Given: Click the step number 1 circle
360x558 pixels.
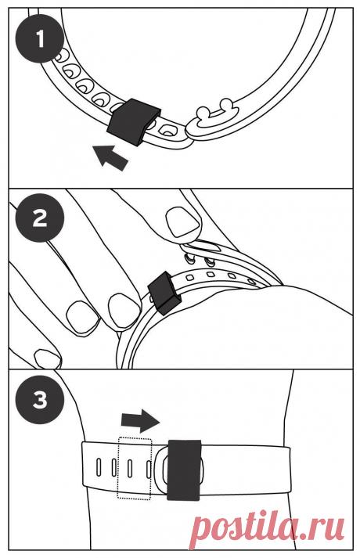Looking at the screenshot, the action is [40, 39].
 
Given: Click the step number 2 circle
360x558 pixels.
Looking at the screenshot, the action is [40, 218].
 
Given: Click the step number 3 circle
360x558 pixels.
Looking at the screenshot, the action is [40, 399].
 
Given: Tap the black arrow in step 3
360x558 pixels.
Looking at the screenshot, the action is [140, 420].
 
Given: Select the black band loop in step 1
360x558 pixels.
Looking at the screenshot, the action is [133, 122].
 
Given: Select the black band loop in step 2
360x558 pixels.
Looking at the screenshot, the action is [164, 293].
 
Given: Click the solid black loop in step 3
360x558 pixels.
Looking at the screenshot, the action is [184, 470].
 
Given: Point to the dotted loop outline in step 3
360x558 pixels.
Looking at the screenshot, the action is [135, 468].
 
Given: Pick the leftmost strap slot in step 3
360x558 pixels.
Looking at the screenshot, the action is [99, 467].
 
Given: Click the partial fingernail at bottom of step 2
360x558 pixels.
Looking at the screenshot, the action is [47, 358].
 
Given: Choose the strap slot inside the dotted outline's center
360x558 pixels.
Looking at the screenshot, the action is [130, 468].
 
